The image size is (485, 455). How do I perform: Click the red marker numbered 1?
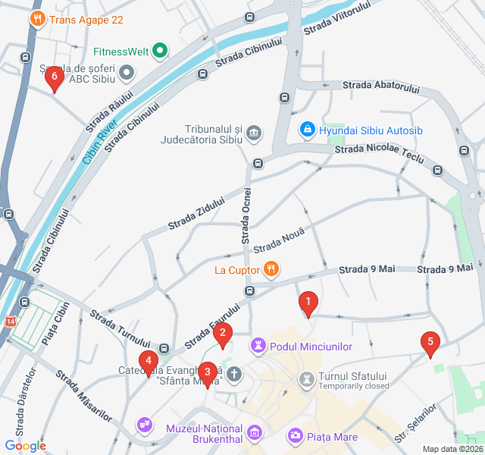point(308,304)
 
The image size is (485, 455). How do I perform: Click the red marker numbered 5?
point(430,343)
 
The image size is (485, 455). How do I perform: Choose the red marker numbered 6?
point(53,77)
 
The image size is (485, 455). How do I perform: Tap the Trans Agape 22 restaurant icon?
point(36,19)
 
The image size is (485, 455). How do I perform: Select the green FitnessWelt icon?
point(160,52)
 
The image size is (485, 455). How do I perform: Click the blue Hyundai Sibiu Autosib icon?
point(308,130)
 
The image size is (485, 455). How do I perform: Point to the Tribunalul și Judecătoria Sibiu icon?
point(255,134)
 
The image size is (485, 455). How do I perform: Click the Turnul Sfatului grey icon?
point(307,377)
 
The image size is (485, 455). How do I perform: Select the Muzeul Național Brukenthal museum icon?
point(255,433)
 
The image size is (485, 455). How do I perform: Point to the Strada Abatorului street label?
point(380,87)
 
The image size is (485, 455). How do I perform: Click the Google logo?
point(25,446)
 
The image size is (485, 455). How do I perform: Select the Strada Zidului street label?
point(196,215)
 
